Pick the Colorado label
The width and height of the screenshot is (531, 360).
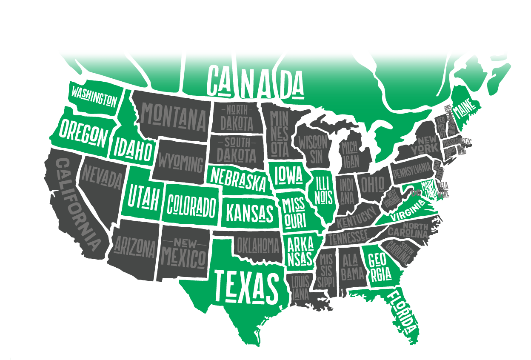pyautogui.click(x=191, y=206)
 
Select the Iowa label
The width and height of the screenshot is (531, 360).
pyautogui.click(x=288, y=175)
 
